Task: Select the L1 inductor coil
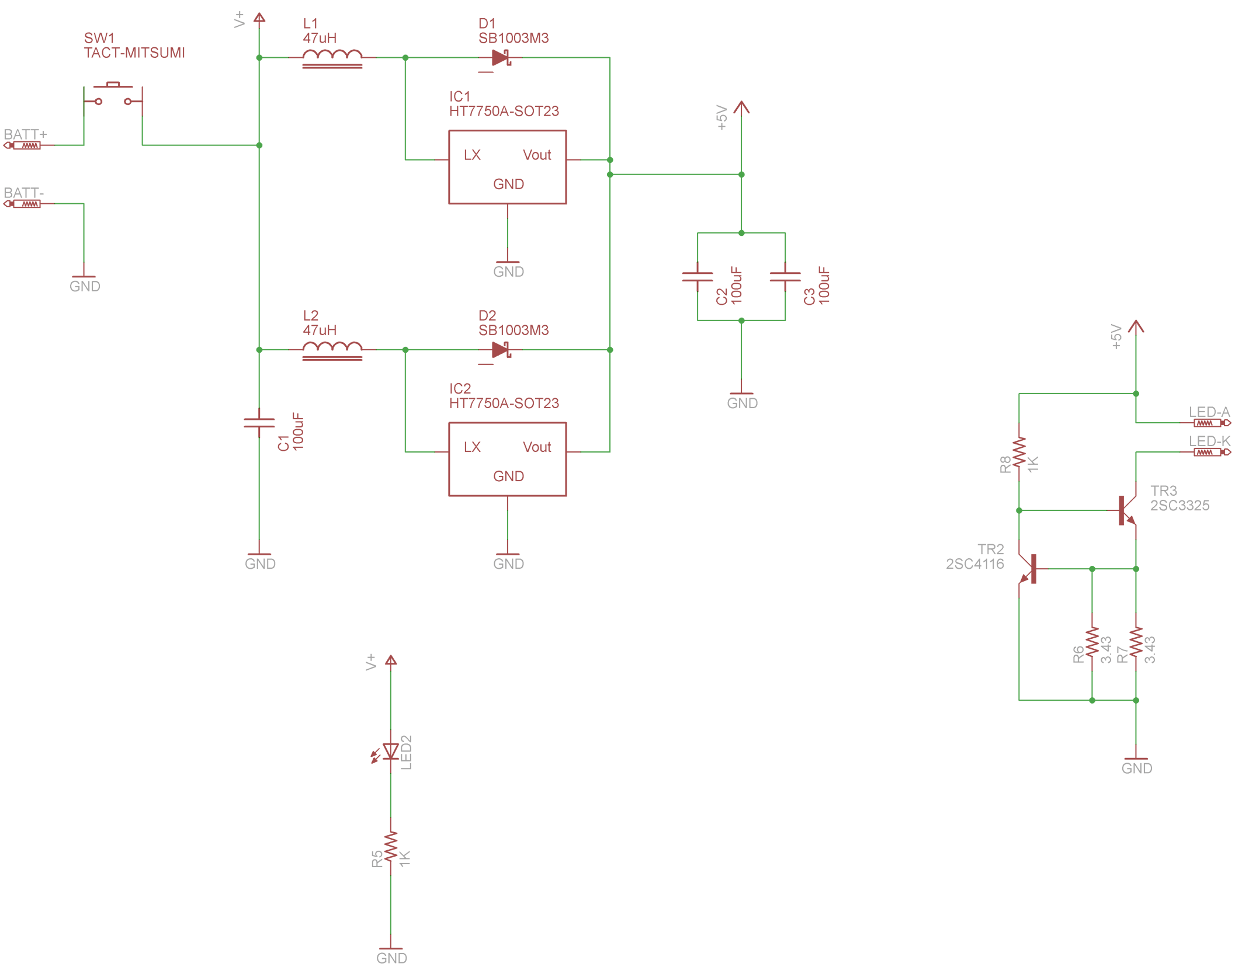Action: [332, 57]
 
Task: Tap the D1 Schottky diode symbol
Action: [501, 58]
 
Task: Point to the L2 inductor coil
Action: [332, 349]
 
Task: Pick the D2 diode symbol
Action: [501, 350]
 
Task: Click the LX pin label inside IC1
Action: [472, 155]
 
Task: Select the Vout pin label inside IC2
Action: [537, 447]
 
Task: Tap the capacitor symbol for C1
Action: [259, 423]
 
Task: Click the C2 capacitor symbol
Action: [697, 277]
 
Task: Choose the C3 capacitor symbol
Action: [785, 277]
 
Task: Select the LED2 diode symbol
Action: [390, 752]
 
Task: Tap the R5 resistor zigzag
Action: [390, 847]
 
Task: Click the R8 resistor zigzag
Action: [1019, 453]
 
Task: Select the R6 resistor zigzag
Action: [1092, 642]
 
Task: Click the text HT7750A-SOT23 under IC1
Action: [504, 111]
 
